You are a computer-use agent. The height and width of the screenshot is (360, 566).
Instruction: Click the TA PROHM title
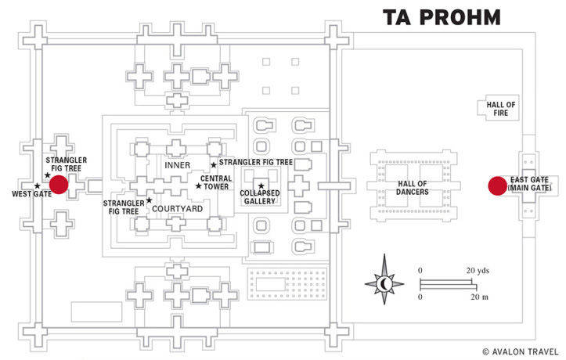(442, 17)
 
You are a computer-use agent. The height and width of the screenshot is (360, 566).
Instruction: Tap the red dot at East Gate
(496, 185)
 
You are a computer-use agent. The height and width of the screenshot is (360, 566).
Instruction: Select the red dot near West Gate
(59, 184)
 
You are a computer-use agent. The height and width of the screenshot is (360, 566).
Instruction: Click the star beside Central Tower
(198, 186)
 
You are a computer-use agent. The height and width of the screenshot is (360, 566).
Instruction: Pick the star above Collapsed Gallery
(261, 185)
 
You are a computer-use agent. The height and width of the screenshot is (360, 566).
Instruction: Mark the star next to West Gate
(37, 186)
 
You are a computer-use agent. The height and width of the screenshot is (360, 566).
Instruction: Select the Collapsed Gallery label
(260, 197)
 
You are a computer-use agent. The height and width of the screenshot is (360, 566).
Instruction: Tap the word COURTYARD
(177, 209)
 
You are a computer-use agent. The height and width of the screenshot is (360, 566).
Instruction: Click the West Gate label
(32, 194)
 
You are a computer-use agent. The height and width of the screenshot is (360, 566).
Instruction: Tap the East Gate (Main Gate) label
(529, 185)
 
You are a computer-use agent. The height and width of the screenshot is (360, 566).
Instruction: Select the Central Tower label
(215, 182)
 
